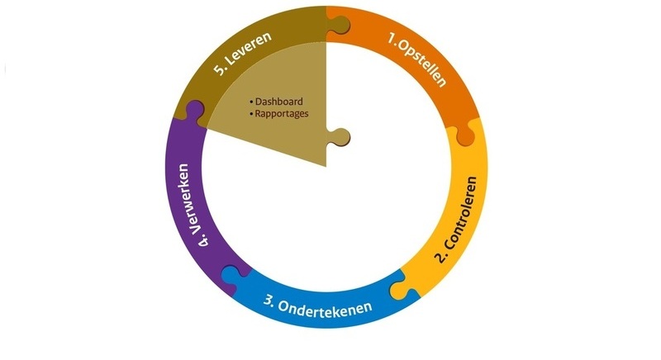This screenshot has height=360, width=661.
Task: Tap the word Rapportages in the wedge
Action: (282, 113)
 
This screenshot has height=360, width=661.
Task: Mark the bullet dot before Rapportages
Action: (251, 114)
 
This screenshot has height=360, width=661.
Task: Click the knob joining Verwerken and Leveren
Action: (195, 110)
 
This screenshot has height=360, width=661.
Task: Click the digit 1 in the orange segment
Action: (393, 38)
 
